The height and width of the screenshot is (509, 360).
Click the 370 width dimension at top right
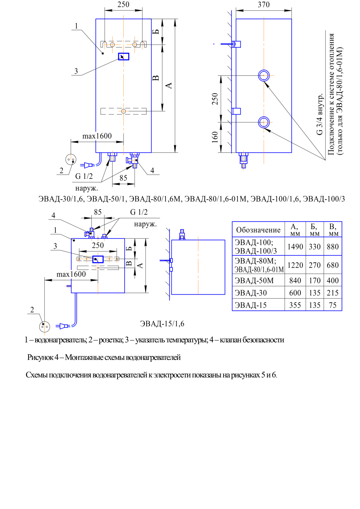263,5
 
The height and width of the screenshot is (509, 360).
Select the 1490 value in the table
295,247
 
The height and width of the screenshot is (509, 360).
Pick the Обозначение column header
258,230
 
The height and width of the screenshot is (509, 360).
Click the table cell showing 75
332,305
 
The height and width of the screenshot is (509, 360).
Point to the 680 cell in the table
332,265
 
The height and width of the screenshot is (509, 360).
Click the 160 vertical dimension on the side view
215,137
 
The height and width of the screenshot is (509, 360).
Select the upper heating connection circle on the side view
264,75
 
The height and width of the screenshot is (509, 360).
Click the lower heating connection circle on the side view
264,122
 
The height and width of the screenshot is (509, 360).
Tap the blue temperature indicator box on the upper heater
123,57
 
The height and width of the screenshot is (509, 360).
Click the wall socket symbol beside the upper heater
71,159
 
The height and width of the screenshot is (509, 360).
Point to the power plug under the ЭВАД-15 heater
63,326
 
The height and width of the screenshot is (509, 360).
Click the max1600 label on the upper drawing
97,136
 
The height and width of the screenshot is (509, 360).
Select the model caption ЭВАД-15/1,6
162,324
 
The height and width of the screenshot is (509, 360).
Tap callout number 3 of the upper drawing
76,71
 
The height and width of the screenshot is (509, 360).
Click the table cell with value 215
332,293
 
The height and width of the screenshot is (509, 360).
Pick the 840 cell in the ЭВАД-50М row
295,281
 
